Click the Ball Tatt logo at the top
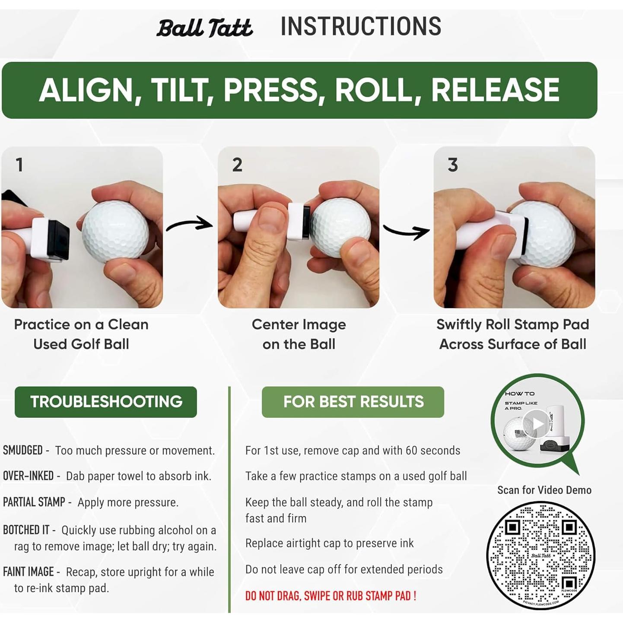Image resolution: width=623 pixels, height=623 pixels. (204, 28)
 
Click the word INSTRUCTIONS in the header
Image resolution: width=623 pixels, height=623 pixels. (361, 27)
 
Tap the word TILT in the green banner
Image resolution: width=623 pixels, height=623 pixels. (182, 90)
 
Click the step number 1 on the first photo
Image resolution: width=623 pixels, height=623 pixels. (19, 165)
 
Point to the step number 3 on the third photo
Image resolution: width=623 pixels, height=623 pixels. (452, 165)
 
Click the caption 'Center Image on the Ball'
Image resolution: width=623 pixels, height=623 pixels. (299, 334)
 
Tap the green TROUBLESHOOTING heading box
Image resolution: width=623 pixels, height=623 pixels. (106, 402)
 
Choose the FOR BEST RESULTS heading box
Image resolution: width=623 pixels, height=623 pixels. (353, 402)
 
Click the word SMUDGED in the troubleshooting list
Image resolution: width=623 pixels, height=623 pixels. (23, 450)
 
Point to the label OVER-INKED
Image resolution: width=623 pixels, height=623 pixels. (29, 476)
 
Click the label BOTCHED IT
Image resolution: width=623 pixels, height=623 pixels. (26, 530)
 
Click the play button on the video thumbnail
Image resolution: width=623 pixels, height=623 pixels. (537, 424)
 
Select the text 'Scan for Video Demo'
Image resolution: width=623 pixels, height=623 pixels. (544, 490)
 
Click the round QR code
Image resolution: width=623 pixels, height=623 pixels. (540, 555)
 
